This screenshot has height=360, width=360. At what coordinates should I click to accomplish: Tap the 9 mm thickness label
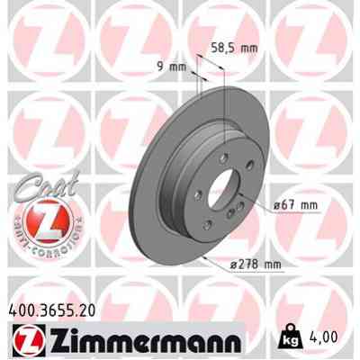click(175, 65)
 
